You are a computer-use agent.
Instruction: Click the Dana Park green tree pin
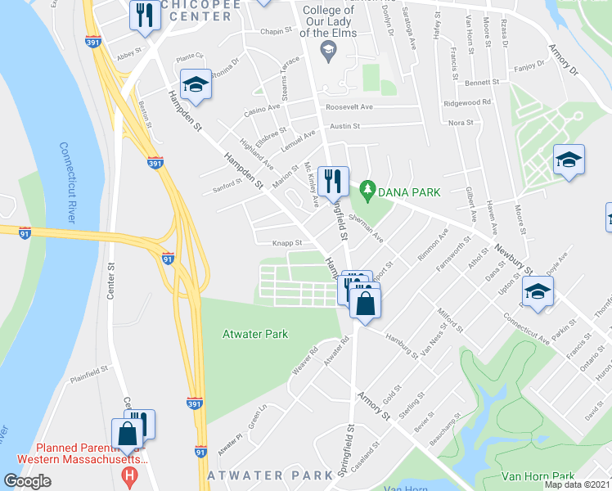(368, 191)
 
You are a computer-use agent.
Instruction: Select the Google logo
(27, 481)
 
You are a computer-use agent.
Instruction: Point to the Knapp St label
(287, 243)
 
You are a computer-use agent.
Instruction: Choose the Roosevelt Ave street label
(349, 107)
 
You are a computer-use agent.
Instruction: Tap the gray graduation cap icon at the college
(327, 52)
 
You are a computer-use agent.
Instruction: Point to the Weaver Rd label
(303, 363)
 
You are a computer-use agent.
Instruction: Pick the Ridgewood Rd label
(466, 102)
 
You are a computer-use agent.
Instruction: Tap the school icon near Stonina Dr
(196, 85)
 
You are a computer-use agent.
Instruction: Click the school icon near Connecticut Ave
(538, 291)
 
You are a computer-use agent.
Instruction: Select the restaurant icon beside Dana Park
(333, 179)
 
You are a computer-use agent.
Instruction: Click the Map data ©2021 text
(577, 484)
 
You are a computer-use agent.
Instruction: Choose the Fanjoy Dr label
(528, 65)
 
